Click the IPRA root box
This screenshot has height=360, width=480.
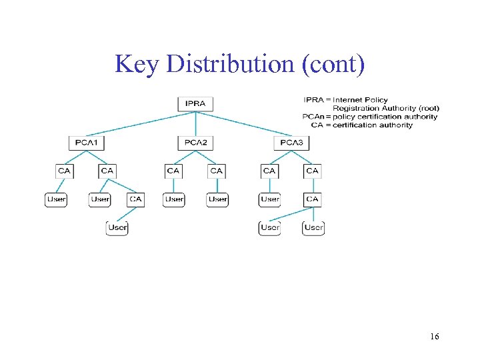coord(195,103)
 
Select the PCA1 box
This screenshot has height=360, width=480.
coord(87,142)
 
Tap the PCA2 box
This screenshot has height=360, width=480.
coord(195,142)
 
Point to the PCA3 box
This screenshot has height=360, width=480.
coord(291,142)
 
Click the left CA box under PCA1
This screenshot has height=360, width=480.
coord(64,171)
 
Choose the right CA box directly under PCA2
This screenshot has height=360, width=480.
coord(216,171)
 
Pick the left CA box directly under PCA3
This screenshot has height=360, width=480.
coord(269,171)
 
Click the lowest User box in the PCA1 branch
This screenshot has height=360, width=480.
coord(117,227)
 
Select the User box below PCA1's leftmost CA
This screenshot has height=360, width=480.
coord(56,199)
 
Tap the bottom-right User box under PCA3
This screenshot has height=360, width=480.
coord(313,227)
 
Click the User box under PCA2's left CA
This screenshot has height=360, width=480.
coord(174,199)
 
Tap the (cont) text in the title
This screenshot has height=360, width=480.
coord(333,64)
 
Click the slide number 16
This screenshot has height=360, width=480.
coord(435,337)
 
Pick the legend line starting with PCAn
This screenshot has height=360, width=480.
coord(370,117)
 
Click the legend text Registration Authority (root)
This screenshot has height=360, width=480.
coord(385,108)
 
